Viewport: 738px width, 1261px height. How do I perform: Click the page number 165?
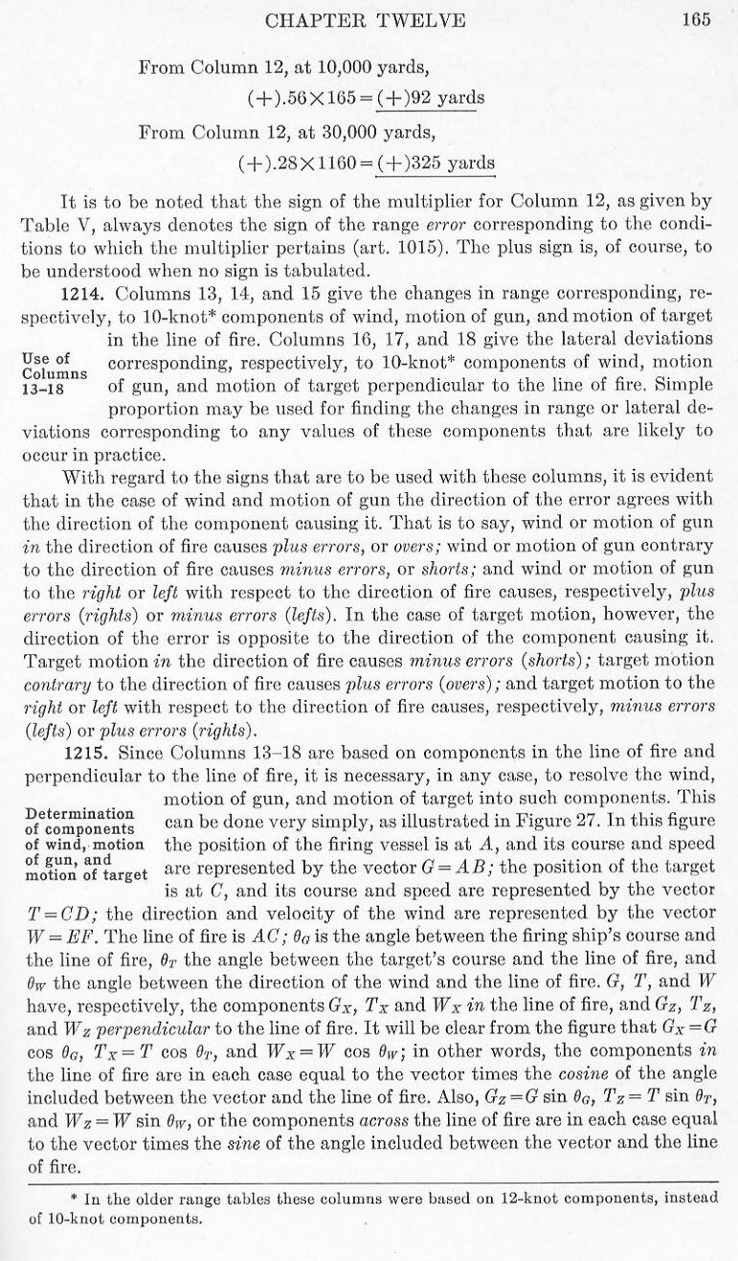pyautogui.click(x=696, y=21)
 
